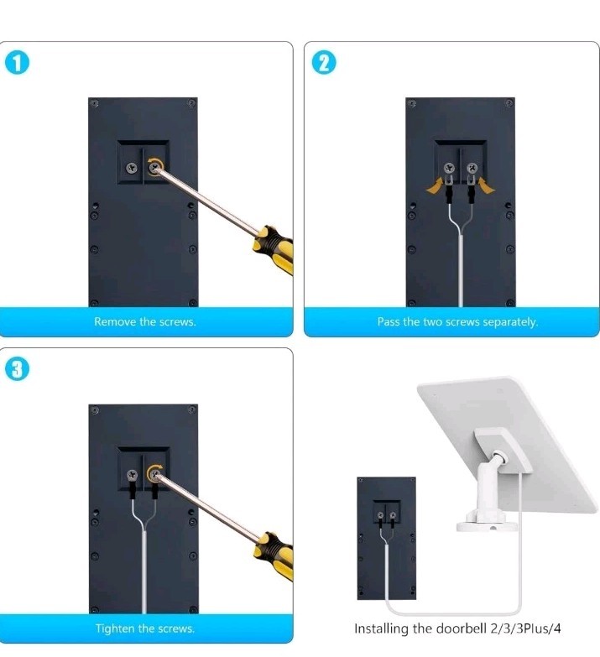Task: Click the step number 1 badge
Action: coord(15,64)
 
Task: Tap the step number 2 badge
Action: coord(322,64)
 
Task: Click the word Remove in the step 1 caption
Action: coord(113,322)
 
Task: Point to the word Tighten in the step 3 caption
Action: coord(114,628)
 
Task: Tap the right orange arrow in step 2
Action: coord(484,185)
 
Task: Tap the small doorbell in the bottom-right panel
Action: coord(386,537)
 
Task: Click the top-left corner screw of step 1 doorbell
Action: coord(95,105)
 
